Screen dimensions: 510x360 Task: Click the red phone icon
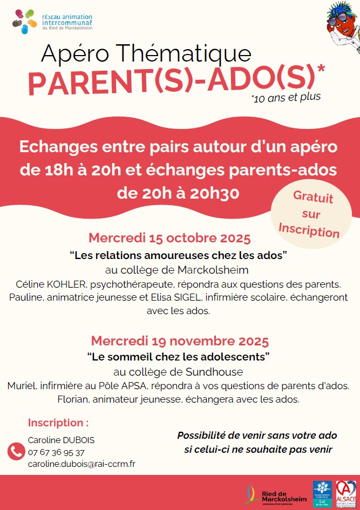tap(16, 451)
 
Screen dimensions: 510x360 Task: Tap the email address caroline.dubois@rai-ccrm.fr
tap(81, 464)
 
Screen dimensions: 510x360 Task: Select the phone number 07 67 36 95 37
tap(56, 452)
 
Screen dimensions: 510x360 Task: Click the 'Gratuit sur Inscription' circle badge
tap(310, 214)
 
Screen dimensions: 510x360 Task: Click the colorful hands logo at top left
tap(26, 22)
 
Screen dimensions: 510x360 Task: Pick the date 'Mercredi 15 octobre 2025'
tap(169, 238)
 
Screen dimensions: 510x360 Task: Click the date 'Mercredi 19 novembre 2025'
tap(180, 341)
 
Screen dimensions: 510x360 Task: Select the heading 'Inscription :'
tap(58, 423)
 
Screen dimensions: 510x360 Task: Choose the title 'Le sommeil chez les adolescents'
tap(178, 357)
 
